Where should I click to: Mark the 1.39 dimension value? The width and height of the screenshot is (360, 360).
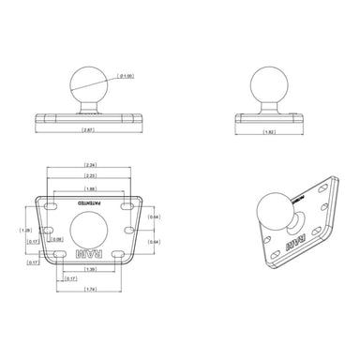coord(89,269)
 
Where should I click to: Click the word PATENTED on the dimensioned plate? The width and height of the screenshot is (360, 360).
coord(89,202)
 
